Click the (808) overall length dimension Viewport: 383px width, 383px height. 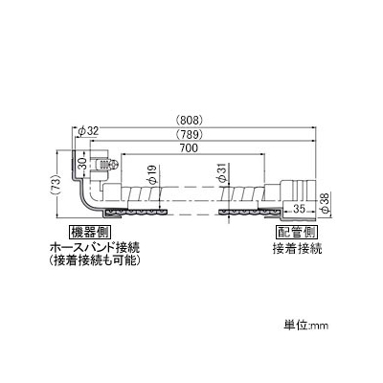click(x=190, y=121)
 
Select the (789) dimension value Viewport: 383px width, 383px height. click(x=190, y=134)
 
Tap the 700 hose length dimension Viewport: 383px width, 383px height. click(x=190, y=148)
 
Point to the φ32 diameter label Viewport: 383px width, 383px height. click(x=88, y=130)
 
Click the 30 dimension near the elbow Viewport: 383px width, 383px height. click(x=82, y=164)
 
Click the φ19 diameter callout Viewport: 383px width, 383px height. click(x=152, y=174)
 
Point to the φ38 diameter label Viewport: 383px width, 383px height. click(x=325, y=204)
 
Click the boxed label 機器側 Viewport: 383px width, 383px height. click(x=90, y=232)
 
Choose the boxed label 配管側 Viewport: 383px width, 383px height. click(x=297, y=232)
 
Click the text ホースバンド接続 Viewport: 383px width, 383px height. click(x=96, y=248)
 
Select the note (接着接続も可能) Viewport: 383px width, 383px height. click(x=96, y=261)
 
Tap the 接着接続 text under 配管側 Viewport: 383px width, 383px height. click(x=297, y=249)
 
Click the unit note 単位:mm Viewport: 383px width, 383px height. click(x=306, y=326)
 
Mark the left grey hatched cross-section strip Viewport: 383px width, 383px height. click(x=136, y=213)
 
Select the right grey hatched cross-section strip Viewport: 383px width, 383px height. click(x=250, y=213)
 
